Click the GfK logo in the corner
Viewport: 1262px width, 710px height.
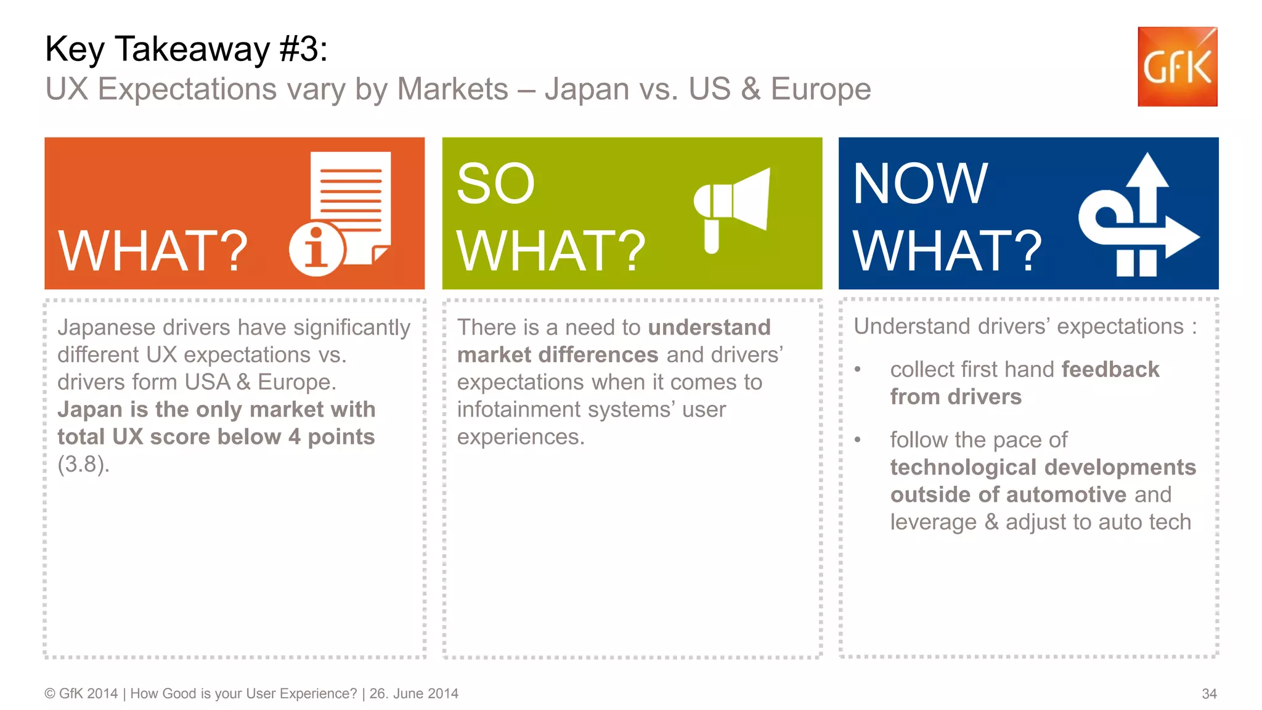point(1177,67)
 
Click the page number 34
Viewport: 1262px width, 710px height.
point(1209,694)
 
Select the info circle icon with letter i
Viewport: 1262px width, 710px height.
point(316,250)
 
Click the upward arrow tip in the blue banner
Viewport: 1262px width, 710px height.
point(1147,169)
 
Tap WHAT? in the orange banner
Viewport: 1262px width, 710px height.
point(153,251)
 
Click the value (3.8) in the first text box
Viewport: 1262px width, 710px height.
point(83,464)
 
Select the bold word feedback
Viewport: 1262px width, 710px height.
point(1110,369)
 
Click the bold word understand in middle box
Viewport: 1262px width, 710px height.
point(709,327)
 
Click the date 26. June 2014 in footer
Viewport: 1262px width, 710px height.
point(413,694)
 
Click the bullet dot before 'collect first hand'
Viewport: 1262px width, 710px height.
point(857,370)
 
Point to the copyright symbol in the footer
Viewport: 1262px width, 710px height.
point(50,694)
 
